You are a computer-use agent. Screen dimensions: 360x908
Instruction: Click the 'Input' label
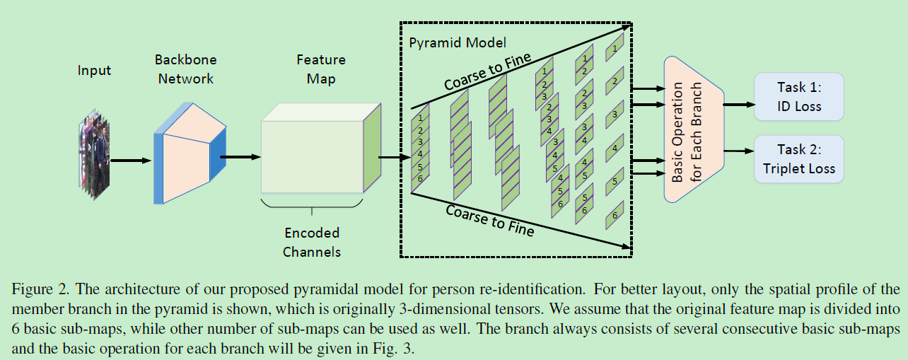[94, 70]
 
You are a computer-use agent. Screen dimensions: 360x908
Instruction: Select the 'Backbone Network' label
[185, 69]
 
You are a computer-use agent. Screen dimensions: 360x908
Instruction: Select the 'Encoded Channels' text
[312, 242]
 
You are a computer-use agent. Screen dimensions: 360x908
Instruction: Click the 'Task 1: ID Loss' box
[799, 96]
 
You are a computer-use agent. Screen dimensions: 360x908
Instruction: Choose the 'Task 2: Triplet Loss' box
[799, 159]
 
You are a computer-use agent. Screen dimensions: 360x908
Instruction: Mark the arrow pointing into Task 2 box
[738, 151]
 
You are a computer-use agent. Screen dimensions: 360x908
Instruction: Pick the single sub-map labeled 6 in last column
[615, 215]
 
